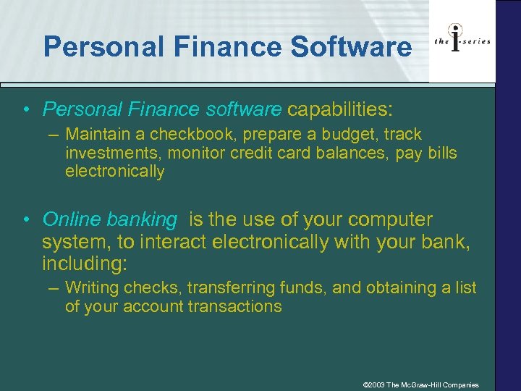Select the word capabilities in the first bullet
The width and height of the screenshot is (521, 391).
point(339,109)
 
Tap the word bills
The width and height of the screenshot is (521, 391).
point(440,154)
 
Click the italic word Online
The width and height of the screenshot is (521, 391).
point(71,219)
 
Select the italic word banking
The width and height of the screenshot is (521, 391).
point(142,219)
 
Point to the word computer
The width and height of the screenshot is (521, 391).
point(387,219)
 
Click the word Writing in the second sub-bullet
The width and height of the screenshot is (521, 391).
point(92,288)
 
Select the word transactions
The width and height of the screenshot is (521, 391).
point(234,306)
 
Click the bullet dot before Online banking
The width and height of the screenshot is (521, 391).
point(26,220)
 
